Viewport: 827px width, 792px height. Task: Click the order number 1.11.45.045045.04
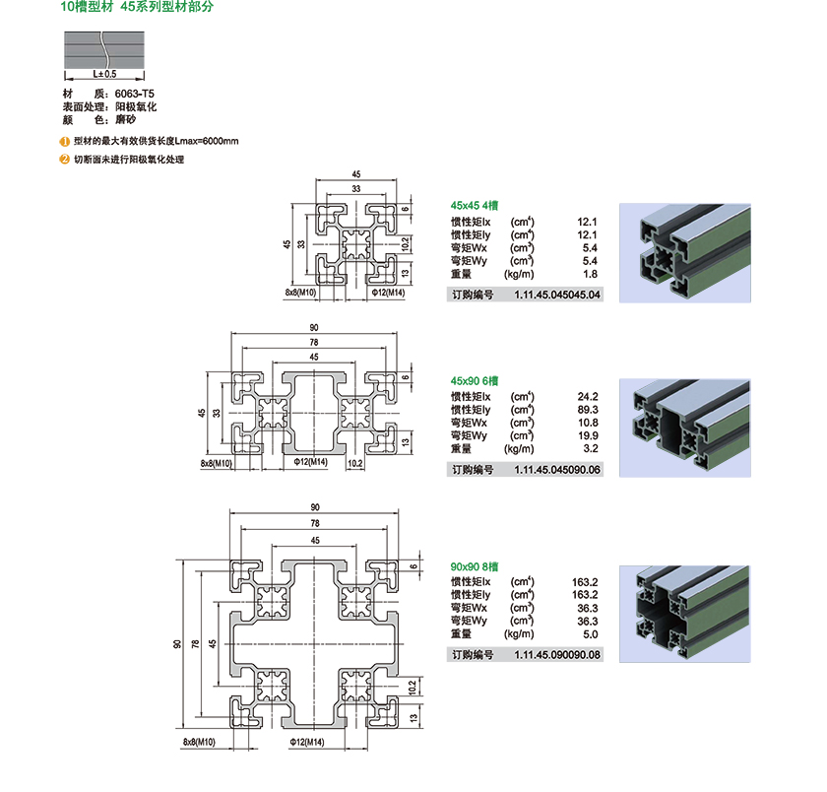pos(556,295)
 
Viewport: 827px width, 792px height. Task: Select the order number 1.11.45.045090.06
pos(556,470)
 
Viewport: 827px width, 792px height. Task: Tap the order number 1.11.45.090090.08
pos(556,654)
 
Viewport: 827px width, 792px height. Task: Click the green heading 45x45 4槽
pos(475,205)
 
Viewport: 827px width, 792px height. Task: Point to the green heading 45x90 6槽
pos(475,380)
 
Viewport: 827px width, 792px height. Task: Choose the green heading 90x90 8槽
pos(475,566)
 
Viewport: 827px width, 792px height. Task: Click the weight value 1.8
pos(591,274)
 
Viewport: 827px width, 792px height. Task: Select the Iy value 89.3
pos(588,409)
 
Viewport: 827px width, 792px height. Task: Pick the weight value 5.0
pos(591,634)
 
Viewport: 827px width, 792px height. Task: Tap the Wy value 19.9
pos(588,435)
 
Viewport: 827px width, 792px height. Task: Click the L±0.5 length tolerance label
pos(104,74)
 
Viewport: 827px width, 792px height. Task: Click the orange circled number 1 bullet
pos(64,141)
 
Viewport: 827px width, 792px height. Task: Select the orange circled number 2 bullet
pos(64,159)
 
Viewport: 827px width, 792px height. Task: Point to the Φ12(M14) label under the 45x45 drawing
pos(388,293)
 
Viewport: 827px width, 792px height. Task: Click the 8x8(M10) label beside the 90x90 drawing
pos(200,741)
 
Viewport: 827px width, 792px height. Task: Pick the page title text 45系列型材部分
pos(166,7)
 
